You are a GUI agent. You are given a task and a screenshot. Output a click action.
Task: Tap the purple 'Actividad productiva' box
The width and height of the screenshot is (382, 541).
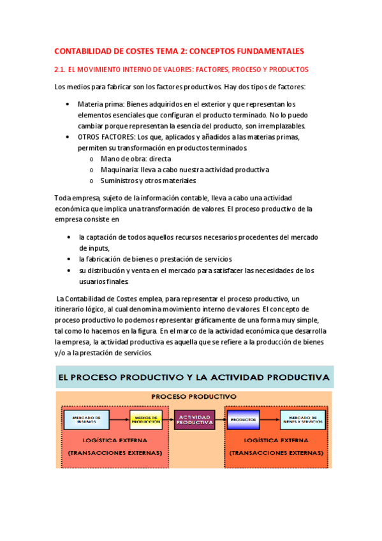coord(195,420)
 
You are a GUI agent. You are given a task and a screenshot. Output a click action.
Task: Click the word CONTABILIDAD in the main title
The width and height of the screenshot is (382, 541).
coord(86,51)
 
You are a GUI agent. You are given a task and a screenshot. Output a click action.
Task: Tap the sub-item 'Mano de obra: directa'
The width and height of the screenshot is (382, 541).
coord(135,159)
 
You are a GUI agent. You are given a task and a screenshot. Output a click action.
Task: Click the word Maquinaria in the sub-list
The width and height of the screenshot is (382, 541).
coord(119,170)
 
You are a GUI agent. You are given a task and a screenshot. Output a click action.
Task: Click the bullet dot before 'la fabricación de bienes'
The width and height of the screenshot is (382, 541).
coord(69,260)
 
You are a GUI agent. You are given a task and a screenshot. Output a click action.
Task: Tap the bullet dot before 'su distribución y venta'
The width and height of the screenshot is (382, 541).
coord(69,270)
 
